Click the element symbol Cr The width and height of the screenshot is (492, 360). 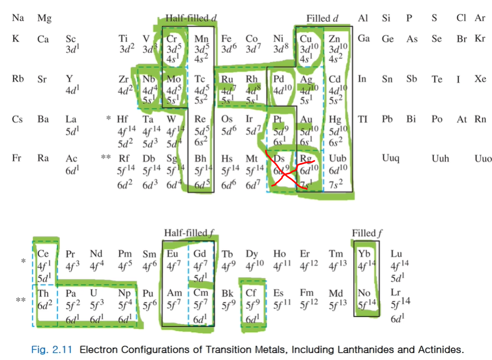click(x=172, y=39)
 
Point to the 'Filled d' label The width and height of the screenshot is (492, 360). click(x=322, y=18)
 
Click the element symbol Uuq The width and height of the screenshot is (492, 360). click(x=391, y=158)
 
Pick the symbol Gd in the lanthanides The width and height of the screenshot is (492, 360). click(x=200, y=254)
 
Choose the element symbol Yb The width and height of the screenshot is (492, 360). click(x=364, y=254)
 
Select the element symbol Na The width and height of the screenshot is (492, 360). click(x=17, y=18)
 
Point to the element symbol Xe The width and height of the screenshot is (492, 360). click(x=479, y=79)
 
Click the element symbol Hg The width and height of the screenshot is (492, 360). click(x=335, y=119)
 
